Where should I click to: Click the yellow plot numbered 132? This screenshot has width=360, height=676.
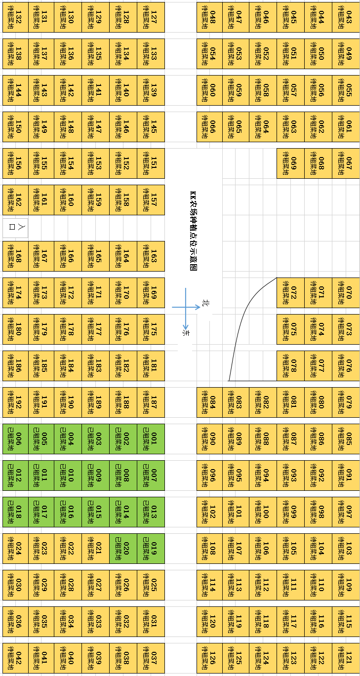(15, 17)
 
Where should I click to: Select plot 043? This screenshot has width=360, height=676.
(346, 17)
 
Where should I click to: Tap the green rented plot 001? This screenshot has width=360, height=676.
(151, 438)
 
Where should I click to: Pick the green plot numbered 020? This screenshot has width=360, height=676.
(123, 548)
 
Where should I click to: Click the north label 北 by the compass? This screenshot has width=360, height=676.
(206, 303)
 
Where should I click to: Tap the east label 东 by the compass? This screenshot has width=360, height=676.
(186, 333)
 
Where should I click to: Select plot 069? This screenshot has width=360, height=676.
(290, 163)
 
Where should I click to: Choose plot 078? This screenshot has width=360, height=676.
(290, 366)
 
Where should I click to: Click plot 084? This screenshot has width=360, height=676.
(209, 402)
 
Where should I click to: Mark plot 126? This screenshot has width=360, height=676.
(209, 658)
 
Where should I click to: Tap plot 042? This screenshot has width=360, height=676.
(15, 658)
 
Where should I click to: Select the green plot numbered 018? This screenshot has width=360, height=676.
(15, 512)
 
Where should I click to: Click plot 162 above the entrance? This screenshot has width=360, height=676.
(15, 200)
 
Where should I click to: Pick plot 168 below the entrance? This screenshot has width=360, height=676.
(15, 256)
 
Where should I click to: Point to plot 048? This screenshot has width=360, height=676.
(209, 17)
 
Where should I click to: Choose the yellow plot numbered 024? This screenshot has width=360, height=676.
(15, 548)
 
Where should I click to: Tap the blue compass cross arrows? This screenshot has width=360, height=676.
(186, 307)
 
